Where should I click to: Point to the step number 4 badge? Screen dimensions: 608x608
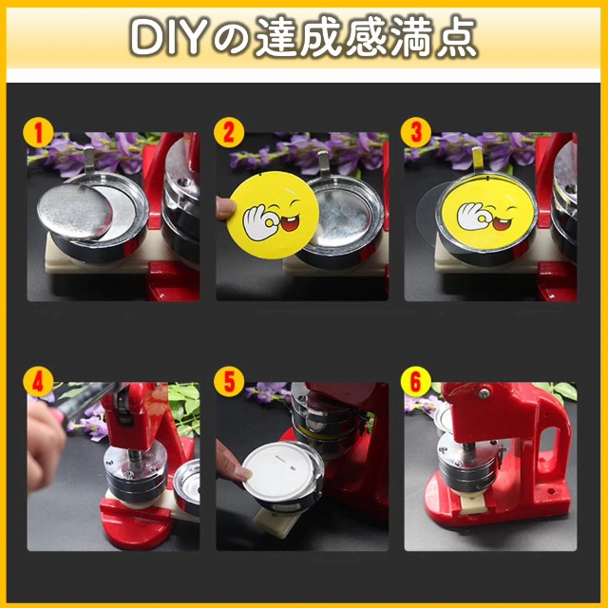pos(40,385)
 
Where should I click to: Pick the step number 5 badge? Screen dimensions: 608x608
pos(228,385)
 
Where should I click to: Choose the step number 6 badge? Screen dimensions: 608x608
pos(415,385)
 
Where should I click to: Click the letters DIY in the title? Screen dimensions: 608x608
pos(168,39)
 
